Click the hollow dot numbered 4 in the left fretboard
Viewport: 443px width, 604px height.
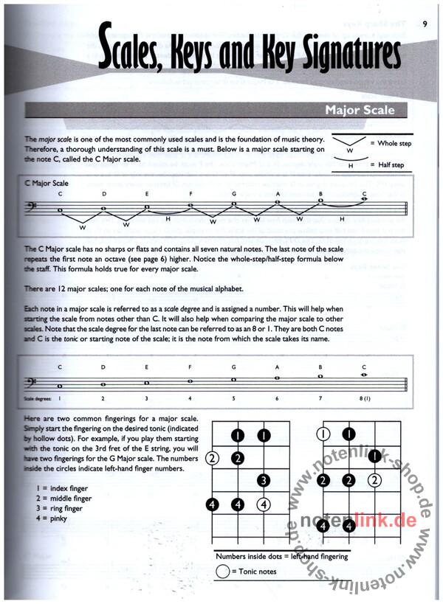[264, 505]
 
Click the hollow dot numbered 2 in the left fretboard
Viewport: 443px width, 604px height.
[213, 458]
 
